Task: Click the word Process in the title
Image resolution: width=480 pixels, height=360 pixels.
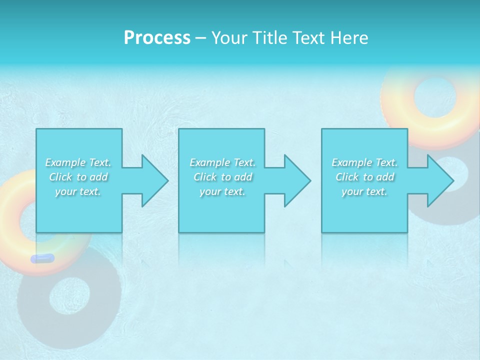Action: tap(157, 38)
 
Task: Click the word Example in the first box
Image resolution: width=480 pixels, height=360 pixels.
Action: tap(65, 162)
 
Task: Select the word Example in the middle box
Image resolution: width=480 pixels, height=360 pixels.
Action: tap(210, 162)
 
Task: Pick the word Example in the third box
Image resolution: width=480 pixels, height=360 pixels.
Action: tap(352, 162)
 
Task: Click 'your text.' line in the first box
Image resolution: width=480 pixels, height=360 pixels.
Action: tap(78, 191)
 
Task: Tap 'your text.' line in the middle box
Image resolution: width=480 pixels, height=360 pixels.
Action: tap(222, 191)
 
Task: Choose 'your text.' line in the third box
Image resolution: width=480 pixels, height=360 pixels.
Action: tap(364, 191)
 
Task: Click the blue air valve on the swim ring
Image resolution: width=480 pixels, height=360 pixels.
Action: tap(42, 258)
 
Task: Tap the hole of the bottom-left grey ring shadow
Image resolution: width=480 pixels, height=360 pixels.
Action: tap(69, 298)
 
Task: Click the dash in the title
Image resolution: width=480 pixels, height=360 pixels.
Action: tap(201, 38)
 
